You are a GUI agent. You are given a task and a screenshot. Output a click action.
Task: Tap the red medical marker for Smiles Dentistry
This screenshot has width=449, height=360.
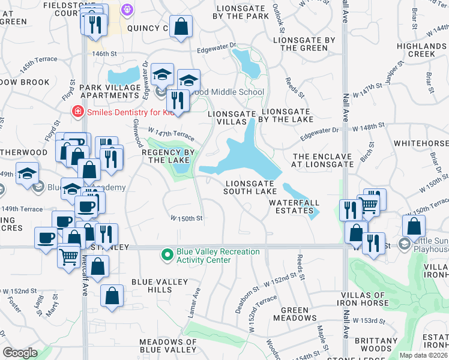pos(77,111)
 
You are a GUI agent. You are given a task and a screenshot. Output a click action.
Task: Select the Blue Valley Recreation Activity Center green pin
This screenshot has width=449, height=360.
pos(168,255)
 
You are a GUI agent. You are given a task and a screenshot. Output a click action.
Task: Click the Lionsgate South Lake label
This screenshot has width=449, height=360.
pos(251,187)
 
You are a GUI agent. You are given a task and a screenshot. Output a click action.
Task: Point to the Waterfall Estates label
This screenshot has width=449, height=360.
pos(294,206)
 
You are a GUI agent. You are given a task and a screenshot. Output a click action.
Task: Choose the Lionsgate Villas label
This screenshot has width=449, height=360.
pos(228,117)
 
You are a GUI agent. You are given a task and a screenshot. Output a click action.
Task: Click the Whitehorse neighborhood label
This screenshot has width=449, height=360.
pos(421,144)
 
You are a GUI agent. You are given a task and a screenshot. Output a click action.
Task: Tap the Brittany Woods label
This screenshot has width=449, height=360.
pos(372,344)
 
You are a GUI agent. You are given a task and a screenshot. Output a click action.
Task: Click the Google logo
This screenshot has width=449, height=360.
pos(20,353)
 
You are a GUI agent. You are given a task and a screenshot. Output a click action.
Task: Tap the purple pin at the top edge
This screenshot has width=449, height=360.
pos(127,8)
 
